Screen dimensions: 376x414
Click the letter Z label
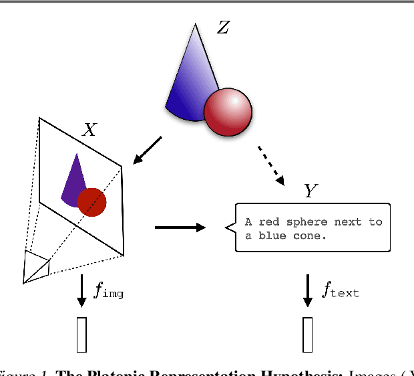[x=224, y=28]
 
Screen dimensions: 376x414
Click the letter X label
[x=89, y=130]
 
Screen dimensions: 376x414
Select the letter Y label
[x=310, y=191]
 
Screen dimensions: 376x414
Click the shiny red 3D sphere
[x=228, y=112]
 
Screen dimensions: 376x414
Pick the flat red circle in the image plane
[x=91, y=202]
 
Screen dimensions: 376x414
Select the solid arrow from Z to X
[x=148, y=151]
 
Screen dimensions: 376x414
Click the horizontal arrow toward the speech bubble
[x=180, y=227]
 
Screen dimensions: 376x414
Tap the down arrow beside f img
[x=81, y=290]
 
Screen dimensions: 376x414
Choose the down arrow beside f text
[x=308, y=290]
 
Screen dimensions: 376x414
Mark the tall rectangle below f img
[x=81, y=335]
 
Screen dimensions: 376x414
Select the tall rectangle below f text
[x=308, y=335]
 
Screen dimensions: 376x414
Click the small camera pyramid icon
[x=37, y=266]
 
